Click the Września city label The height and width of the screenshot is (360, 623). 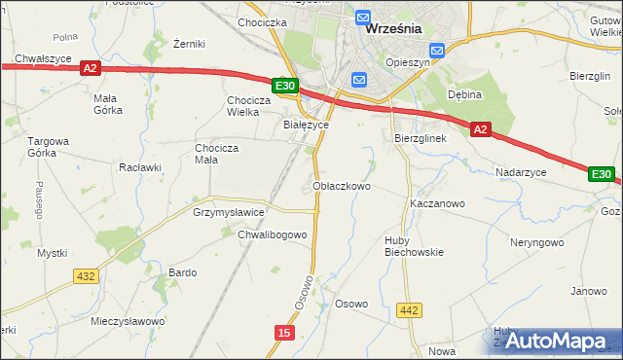pyautogui.click(x=393, y=28)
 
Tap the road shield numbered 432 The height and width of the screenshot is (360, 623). pyautogui.click(x=86, y=276)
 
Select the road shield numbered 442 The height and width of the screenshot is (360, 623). pyautogui.click(x=410, y=310)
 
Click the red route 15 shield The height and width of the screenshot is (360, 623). pyautogui.click(x=283, y=333)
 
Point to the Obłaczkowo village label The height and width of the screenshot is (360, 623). pyautogui.click(x=342, y=186)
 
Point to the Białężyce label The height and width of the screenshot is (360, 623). pyautogui.click(x=306, y=126)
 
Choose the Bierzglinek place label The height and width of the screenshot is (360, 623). pyautogui.click(x=420, y=138)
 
